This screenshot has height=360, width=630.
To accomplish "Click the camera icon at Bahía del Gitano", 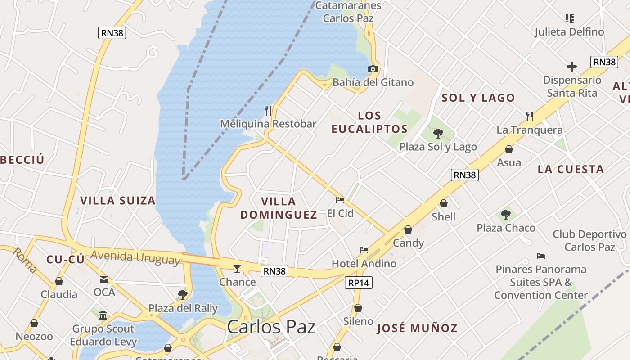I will [x=373, y=69].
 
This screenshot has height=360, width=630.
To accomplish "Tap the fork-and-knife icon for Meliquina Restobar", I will [x=268, y=110].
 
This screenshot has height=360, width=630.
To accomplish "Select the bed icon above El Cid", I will [x=340, y=200].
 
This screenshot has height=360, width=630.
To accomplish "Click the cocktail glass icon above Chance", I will [x=237, y=269].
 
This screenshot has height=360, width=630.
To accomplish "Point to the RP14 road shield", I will [x=359, y=283].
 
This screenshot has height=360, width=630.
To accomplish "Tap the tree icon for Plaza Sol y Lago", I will [x=438, y=133].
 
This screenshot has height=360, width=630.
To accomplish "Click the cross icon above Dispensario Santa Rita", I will [x=572, y=67].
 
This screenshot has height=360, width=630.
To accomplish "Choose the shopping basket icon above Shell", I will [x=444, y=203].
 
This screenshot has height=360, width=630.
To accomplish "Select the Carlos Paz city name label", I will [x=271, y=327].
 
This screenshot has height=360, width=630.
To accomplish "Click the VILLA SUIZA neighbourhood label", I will [x=118, y=201].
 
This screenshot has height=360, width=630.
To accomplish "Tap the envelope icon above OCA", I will [x=104, y=279].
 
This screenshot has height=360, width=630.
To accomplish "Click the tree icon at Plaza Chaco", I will [x=506, y=214].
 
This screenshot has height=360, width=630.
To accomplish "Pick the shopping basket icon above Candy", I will [x=408, y=229].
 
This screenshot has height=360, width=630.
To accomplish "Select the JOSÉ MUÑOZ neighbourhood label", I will [x=417, y=328].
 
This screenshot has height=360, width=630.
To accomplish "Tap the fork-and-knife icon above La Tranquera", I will [x=530, y=117].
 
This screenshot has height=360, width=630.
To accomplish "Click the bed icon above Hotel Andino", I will [x=364, y=250].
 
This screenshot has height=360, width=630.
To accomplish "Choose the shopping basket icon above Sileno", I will [x=358, y=308].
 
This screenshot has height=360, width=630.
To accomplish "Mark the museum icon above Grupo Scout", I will [x=103, y=315].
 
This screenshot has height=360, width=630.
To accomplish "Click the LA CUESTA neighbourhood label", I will [x=571, y=170].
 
